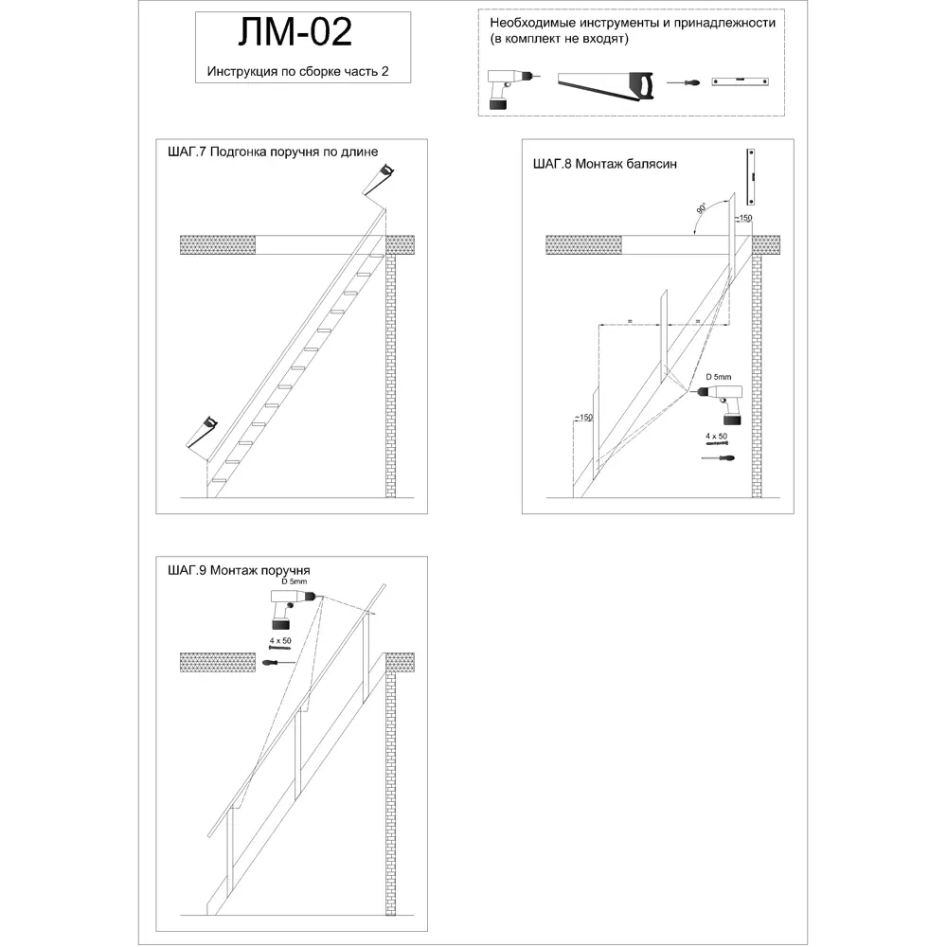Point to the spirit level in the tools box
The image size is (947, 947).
(x=740, y=83)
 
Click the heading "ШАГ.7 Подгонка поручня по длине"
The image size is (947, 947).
(x=272, y=152)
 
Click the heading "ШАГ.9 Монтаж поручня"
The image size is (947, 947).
(x=238, y=570)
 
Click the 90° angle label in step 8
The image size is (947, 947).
(x=701, y=209)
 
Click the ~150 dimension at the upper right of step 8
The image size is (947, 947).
(x=742, y=219)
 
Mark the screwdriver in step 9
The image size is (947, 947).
(x=278, y=662)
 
